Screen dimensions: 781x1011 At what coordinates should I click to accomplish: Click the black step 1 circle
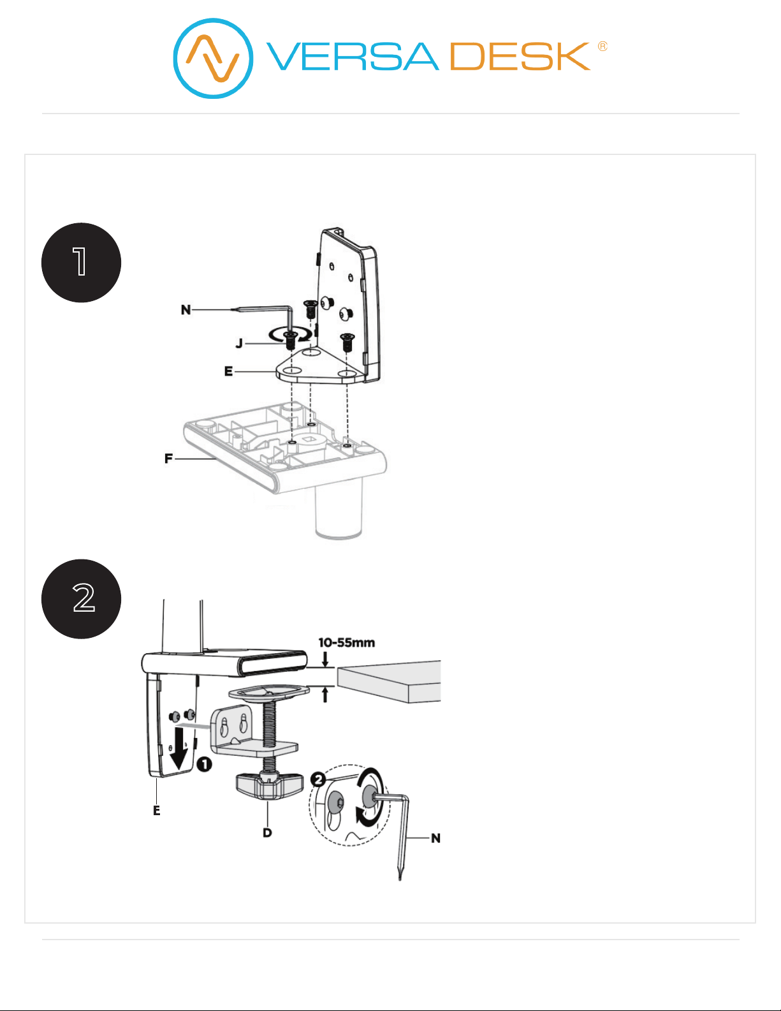coord(82,262)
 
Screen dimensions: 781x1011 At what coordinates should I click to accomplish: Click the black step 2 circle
coord(82,599)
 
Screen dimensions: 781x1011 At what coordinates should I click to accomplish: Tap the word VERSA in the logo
coord(353,56)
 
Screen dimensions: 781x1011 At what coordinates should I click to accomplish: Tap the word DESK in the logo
coord(520,56)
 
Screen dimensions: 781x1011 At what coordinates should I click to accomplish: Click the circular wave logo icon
coord(213,58)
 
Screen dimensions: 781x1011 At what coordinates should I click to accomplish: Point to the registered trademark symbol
coord(602,47)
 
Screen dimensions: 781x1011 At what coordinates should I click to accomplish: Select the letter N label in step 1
coord(186,310)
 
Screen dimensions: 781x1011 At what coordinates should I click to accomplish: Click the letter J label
coord(239,344)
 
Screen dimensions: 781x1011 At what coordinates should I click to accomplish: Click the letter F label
coord(168,459)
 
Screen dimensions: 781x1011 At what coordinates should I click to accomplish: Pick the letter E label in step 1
coord(228,371)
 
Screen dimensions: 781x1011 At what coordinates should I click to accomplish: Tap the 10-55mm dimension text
coord(346,642)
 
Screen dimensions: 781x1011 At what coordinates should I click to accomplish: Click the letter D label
coord(267,833)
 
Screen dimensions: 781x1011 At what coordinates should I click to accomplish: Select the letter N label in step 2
coord(435,838)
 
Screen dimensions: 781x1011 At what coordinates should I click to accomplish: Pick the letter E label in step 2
coord(157,811)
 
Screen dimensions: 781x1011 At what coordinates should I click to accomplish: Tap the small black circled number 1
coord(205,764)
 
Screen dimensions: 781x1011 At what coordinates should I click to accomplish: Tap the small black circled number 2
coord(318,779)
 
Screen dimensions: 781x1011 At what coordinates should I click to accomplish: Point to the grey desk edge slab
coord(389,682)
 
